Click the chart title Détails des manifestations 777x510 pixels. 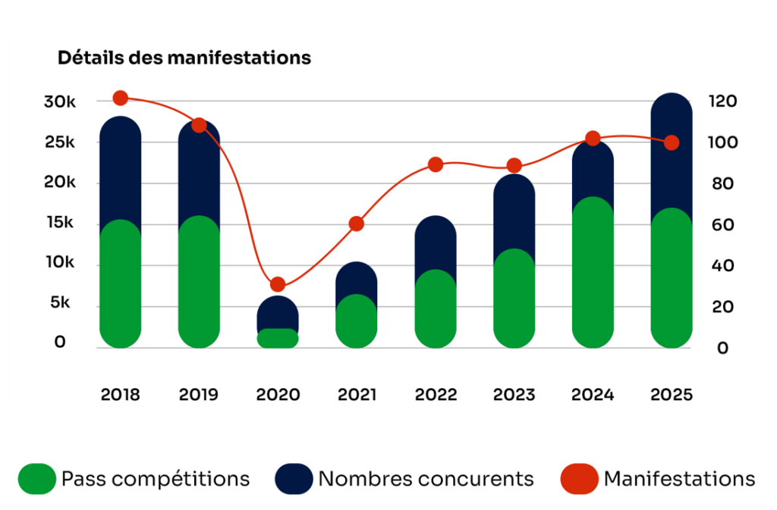pyautogui.click(x=184, y=58)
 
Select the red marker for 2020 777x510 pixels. pyautogui.click(x=278, y=285)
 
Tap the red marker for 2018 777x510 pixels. pyautogui.click(x=120, y=98)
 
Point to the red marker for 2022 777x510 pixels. pyautogui.click(x=436, y=164)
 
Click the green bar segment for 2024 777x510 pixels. pyautogui.click(x=593, y=273)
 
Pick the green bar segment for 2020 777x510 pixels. pyautogui.click(x=278, y=338)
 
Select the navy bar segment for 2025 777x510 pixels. pyautogui.click(x=672, y=152)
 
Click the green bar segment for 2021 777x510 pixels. pyautogui.click(x=357, y=322)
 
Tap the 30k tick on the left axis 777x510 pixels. pyautogui.click(x=60, y=102)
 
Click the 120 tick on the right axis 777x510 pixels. pyautogui.click(x=722, y=102)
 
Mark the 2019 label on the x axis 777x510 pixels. pyautogui.click(x=199, y=395)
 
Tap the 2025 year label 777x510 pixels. pyautogui.click(x=672, y=395)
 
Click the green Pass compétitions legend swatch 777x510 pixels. pyautogui.click(x=36, y=479)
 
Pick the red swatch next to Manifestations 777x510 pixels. pyautogui.click(x=579, y=479)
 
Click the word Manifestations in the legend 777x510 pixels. pyautogui.click(x=679, y=479)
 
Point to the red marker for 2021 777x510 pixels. pyautogui.click(x=357, y=224)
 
